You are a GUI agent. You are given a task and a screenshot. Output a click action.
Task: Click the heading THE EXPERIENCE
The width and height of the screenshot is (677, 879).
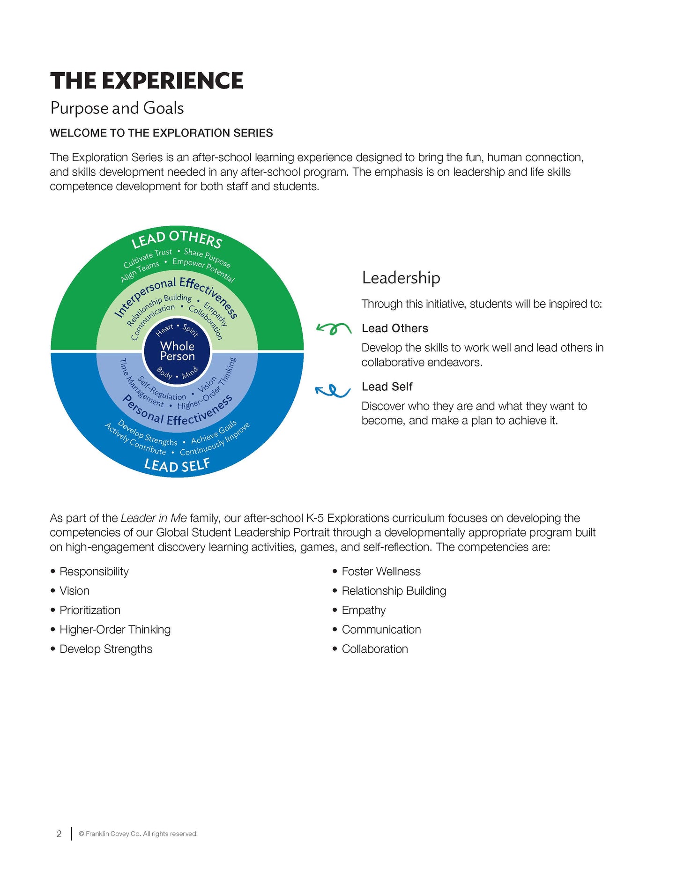tap(147, 81)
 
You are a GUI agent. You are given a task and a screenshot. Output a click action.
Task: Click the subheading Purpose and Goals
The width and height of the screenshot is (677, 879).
tap(117, 108)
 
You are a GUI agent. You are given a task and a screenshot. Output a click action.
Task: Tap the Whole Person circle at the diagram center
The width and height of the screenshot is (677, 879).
tap(177, 351)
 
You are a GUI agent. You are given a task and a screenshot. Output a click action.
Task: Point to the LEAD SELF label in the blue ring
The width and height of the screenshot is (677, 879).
tap(177, 465)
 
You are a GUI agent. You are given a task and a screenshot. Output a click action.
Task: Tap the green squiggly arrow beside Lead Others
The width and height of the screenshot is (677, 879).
tap(334, 328)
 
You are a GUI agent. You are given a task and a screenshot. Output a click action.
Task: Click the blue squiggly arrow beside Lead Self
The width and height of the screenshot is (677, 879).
tap(333, 390)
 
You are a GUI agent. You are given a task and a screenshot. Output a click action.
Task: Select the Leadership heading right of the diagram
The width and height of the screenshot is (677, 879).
tap(401, 278)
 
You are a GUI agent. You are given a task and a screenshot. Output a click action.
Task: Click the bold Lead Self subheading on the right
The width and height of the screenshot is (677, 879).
tap(387, 387)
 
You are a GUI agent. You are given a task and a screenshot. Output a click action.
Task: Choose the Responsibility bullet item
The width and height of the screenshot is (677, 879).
tap(94, 572)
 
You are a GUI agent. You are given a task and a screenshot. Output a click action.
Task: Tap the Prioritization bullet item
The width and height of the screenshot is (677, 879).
tap(90, 610)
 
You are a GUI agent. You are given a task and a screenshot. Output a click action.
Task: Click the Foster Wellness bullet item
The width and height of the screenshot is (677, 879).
tap(381, 572)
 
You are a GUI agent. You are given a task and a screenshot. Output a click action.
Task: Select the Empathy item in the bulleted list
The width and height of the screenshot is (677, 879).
tap(364, 610)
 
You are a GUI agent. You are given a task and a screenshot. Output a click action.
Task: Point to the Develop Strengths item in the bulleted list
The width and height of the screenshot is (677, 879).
tap(106, 649)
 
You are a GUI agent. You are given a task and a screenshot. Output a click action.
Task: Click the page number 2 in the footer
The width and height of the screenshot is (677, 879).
tap(59, 834)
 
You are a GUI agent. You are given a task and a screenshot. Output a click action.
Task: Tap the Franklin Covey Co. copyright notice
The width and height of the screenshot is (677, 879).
tap(138, 834)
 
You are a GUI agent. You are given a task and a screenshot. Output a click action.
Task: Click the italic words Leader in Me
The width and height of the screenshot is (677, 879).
tap(154, 518)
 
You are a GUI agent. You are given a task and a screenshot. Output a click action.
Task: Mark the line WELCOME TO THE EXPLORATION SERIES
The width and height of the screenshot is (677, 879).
tap(161, 133)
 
